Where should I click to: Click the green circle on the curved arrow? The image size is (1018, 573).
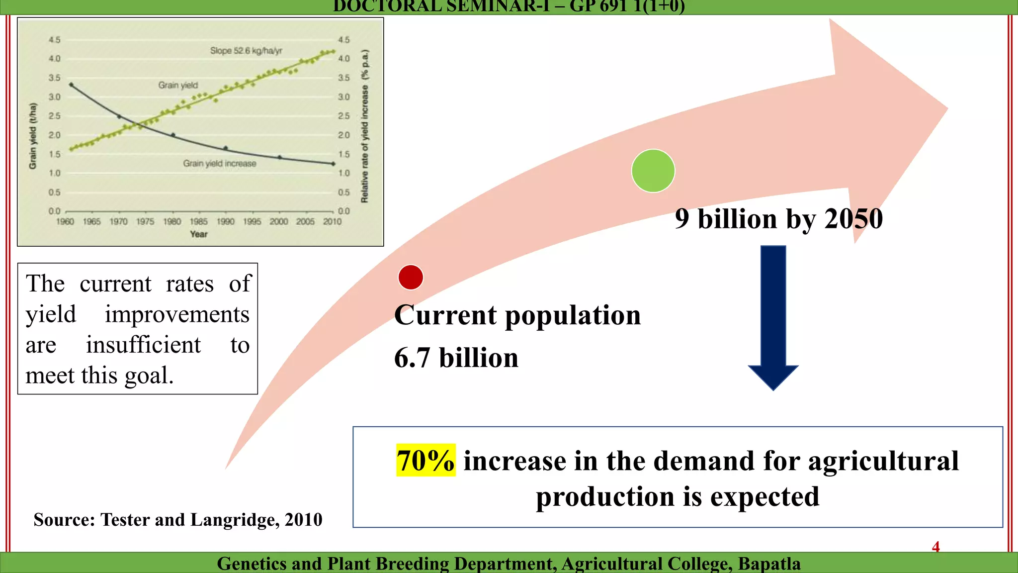coord(653,171)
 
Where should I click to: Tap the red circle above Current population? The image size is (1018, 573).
coord(411,278)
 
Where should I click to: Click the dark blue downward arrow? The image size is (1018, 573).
coord(773,318)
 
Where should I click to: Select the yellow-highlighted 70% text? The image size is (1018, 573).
coord(425,460)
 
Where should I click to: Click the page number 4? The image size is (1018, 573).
coord(935,547)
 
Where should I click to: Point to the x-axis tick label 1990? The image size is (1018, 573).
coord(225,221)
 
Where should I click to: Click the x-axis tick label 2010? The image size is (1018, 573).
coord(332,221)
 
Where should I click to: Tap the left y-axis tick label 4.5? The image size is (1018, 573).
coord(54,40)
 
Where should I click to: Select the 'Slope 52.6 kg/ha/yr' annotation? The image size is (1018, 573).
coord(246,51)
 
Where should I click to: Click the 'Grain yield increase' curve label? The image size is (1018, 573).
coord(220,164)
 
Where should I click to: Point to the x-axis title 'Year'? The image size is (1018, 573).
coord(199,234)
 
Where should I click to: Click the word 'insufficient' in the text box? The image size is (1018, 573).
coord(143,345)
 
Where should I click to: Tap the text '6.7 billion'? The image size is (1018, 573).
coord(456,358)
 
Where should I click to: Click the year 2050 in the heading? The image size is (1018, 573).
coord(853,219)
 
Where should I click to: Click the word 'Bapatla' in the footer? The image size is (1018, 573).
coord(769,564)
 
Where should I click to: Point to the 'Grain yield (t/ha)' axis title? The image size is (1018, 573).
coord(33,135)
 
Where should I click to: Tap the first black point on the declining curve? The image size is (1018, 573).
coord(71,85)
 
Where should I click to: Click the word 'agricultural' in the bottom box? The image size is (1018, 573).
coord(883,461)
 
